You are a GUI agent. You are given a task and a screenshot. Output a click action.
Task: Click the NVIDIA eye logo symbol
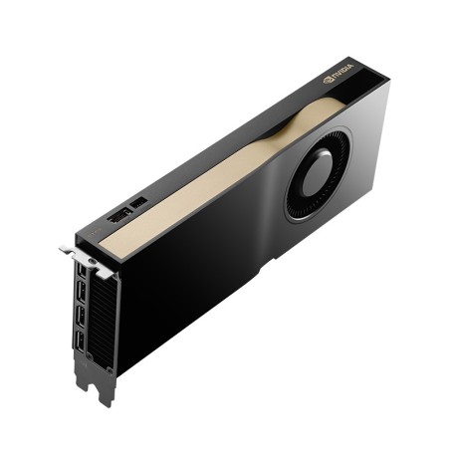[328, 78]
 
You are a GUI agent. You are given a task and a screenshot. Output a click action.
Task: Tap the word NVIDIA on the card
[341, 73]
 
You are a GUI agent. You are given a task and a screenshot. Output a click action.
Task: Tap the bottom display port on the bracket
[80, 349]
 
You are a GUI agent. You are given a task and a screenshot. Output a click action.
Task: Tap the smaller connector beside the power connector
[139, 202]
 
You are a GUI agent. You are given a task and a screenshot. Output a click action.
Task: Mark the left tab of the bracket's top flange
[67, 250]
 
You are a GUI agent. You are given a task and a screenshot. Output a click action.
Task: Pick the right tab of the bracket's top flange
[104, 270]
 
